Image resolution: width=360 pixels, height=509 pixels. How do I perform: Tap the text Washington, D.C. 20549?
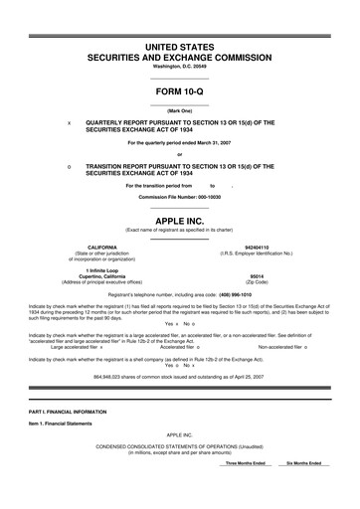(x=179, y=66)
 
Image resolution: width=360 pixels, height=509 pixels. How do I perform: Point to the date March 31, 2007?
(x=216, y=143)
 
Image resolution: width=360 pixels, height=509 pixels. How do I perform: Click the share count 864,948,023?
(x=88, y=377)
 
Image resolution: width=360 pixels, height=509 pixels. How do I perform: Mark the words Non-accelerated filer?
(x=283, y=347)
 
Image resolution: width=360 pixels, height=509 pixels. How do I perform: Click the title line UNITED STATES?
(x=179, y=47)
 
